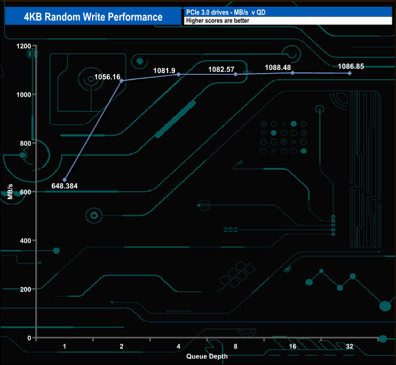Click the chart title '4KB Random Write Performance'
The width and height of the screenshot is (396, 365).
click(93, 16)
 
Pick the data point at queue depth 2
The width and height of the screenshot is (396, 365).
click(121, 81)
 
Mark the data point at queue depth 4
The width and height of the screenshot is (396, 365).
click(179, 74)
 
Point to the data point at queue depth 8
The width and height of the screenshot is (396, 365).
click(236, 74)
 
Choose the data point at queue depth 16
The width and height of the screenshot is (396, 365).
click(292, 73)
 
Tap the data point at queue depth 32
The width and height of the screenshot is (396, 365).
click(350, 73)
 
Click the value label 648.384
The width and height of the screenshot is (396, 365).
click(65, 186)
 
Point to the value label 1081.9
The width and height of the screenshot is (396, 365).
click(165, 70)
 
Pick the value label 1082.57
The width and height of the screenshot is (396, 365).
click(221, 69)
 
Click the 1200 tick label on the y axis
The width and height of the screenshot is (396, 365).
click(23, 46)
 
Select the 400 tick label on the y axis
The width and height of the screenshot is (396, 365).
click(26, 241)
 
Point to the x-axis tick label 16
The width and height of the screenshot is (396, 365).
click(292, 346)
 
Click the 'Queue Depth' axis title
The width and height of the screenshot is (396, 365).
click(207, 357)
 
